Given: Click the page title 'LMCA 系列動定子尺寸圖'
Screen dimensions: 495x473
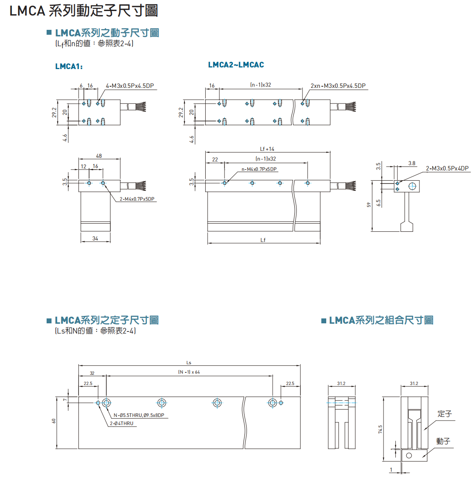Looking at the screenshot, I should tap(84, 11).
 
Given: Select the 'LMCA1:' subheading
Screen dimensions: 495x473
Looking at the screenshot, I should tap(69, 67).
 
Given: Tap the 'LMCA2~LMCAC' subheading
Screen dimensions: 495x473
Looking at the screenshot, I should tap(236, 65).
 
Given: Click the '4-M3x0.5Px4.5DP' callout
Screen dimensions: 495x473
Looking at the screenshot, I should tap(130, 86).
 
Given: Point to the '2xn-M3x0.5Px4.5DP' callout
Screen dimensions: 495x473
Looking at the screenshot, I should tap(338, 86).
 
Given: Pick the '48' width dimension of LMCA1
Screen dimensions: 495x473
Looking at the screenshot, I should tap(99, 156).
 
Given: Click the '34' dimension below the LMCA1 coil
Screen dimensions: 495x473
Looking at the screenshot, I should tap(95, 238).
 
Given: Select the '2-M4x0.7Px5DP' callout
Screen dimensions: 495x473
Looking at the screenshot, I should tap(137, 199).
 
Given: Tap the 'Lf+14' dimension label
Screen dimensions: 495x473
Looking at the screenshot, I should tap(267, 149).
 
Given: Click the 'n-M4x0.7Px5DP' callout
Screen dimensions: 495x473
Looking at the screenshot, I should tap(259, 169).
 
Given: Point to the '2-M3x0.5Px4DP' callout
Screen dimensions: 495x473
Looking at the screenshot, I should tap(447, 168).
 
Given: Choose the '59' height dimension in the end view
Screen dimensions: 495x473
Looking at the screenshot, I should tap(369, 205).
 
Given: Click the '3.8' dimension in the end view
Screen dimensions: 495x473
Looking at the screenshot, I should tap(412, 163).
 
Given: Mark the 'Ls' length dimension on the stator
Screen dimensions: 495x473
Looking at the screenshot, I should tap(188, 363).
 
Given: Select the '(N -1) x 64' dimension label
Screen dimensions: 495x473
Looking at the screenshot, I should tap(189, 372).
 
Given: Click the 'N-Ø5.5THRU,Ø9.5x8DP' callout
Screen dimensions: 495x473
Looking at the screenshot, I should tap(139, 415).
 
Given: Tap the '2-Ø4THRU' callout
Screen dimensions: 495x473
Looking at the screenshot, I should tap(121, 423).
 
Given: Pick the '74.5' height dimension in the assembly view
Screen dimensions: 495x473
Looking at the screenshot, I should tap(380, 429).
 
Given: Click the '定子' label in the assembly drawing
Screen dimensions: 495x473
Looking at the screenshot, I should tap(444, 414).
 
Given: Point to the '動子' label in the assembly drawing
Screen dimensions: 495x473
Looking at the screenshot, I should tap(443, 441).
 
